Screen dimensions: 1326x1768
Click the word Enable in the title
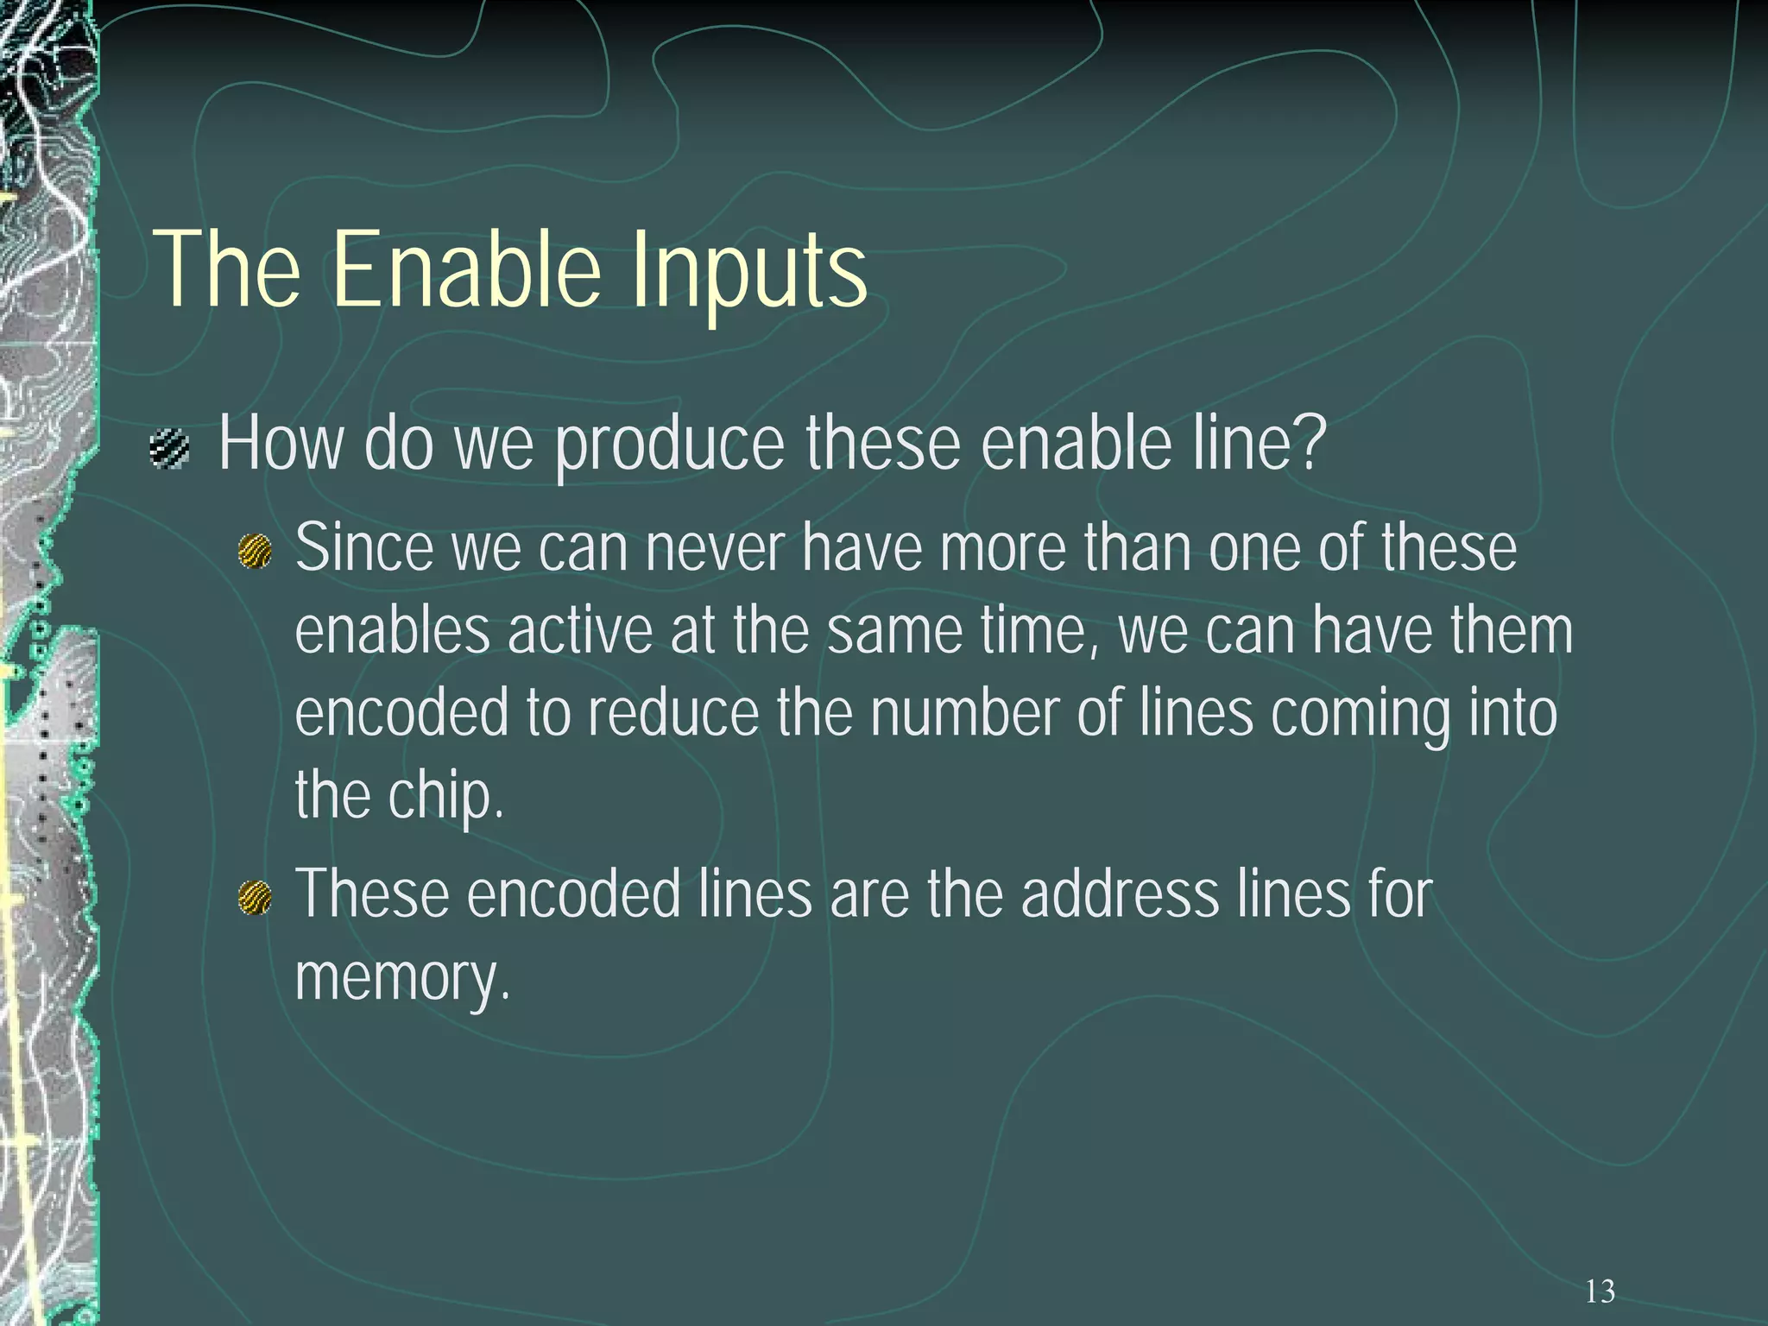coord(466,269)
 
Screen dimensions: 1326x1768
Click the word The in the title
coord(227,269)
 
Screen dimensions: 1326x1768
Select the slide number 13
coord(1600,1291)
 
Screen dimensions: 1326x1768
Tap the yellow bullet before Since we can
coord(255,551)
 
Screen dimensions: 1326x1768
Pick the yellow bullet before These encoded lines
coord(255,897)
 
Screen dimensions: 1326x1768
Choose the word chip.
coord(445,796)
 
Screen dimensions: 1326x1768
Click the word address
coord(1120,894)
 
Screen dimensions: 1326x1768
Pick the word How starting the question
coord(281,445)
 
